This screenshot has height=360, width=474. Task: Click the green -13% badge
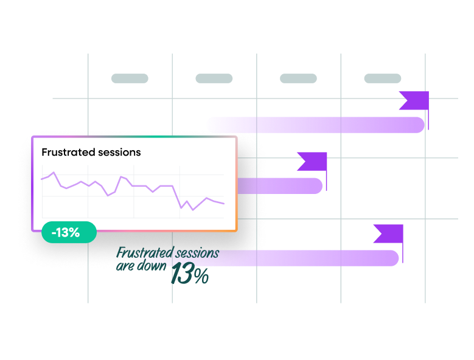(x=69, y=232)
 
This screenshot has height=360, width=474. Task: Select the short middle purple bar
(x=280, y=185)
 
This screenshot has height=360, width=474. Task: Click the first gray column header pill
(x=130, y=78)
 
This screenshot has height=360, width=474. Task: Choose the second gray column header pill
(x=214, y=78)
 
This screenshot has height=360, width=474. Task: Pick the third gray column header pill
(x=298, y=78)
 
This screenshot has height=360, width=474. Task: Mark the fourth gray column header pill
(x=382, y=78)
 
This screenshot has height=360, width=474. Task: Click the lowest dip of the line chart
(x=193, y=210)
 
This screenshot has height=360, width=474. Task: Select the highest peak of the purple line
(x=54, y=173)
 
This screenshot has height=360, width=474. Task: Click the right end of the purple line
(x=224, y=204)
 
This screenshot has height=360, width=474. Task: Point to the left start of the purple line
(x=41, y=179)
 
